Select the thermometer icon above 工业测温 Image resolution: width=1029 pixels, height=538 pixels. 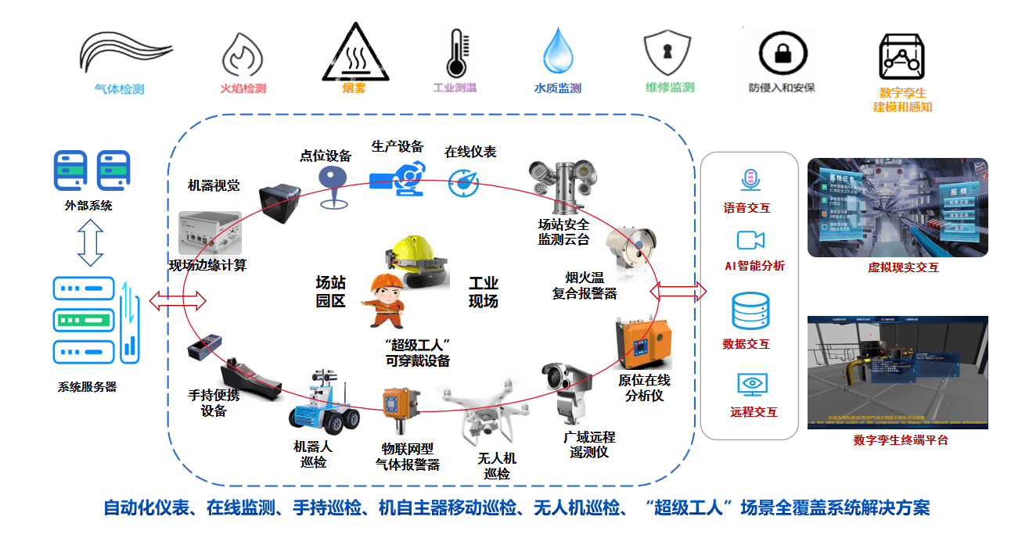(454, 53)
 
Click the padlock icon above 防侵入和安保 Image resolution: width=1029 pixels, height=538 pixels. (782, 53)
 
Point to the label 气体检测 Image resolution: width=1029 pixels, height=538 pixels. (119, 89)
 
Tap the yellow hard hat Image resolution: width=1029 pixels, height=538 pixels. (414, 251)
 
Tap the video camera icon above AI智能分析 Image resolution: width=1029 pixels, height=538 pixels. (750, 239)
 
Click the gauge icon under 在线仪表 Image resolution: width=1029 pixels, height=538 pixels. (464, 182)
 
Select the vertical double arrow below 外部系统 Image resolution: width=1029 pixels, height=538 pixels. (91, 242)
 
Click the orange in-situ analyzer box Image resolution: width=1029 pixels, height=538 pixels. (643, 342)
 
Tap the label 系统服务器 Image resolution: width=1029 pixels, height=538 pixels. (88, 386)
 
